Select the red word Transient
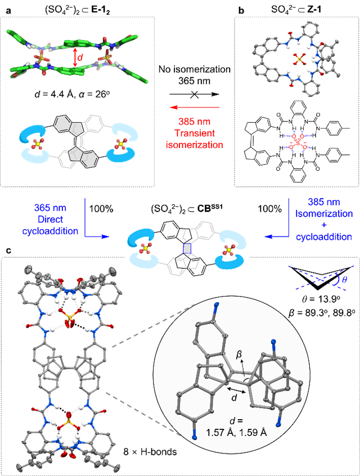click(x=195, y=133)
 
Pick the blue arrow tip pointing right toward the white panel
click(x=106, y=237)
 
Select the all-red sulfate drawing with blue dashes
click(x=296, y=142)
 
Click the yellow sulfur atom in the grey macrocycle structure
click(x=299, y=59)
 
